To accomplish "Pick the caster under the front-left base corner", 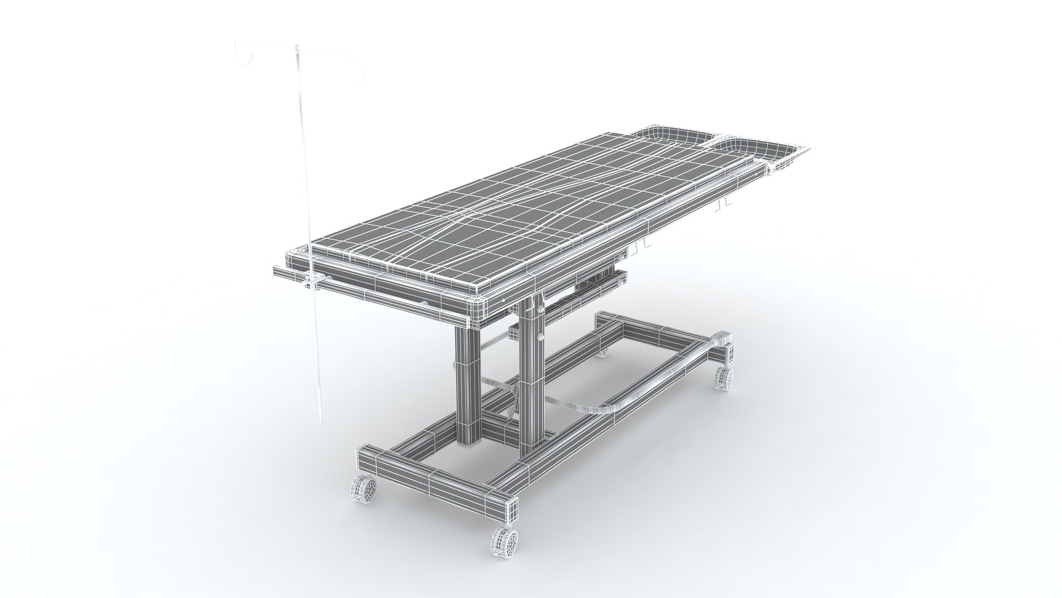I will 364,491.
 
